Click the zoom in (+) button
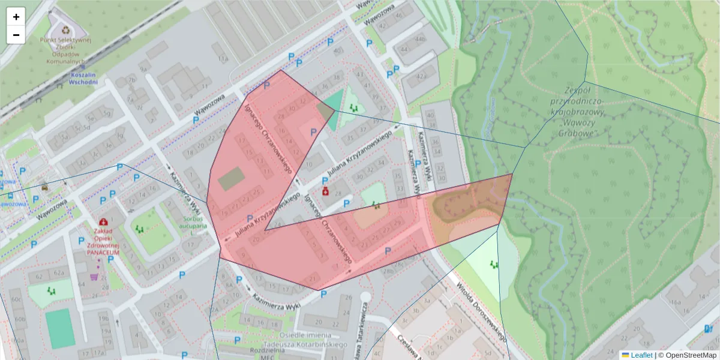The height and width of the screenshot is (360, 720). [16, 17]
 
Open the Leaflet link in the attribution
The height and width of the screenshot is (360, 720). [637, 355]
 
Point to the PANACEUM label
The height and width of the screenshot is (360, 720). [103, 253]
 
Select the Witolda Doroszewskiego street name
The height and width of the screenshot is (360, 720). [480, 312]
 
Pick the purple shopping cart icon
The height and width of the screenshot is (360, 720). [94, 277]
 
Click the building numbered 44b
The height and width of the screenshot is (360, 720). [420, 40]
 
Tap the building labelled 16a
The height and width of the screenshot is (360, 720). [676, 302]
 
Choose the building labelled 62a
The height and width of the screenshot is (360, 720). [58, 273]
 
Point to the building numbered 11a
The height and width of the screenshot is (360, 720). [223, 59]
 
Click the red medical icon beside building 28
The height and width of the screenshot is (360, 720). [325, 191]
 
